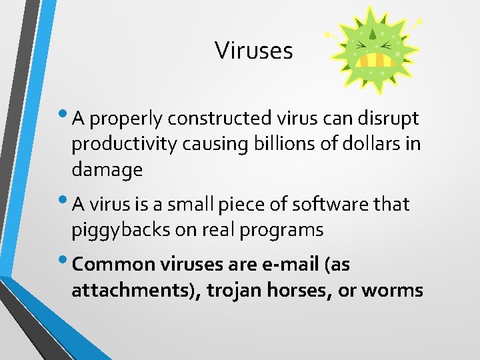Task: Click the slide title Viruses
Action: pos(253,51)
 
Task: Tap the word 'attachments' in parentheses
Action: pos(129,291)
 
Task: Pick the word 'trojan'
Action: pos(231,291)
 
